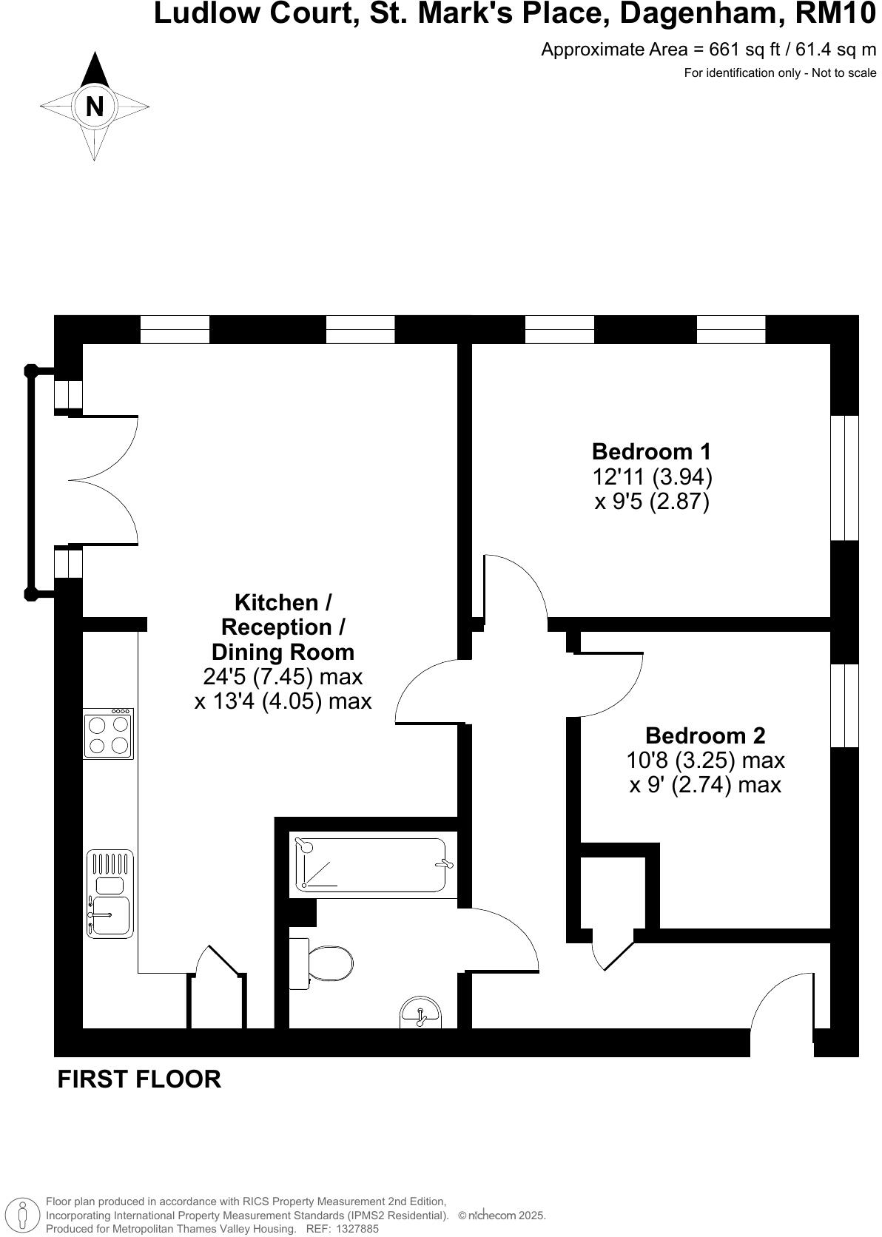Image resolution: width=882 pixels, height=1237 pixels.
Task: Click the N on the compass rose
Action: [95, 107]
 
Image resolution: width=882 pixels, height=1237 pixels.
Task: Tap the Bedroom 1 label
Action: [651, 451]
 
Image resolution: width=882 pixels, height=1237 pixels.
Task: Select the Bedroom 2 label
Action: [705, 735]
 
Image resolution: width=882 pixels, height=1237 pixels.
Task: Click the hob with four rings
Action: [109, 734]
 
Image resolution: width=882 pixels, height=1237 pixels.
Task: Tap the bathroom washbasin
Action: [420, 1013]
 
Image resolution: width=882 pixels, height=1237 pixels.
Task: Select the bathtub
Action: [371, 865]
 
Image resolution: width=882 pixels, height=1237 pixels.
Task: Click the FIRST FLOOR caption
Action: [139, 1079]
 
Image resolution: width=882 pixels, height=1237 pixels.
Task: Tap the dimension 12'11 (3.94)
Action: [652, 476]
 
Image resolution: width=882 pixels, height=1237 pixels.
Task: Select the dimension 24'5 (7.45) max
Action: [283, 676]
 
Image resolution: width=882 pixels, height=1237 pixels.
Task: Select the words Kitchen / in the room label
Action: [283, 602]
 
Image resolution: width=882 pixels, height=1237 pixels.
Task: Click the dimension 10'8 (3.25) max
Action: [705, 760]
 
